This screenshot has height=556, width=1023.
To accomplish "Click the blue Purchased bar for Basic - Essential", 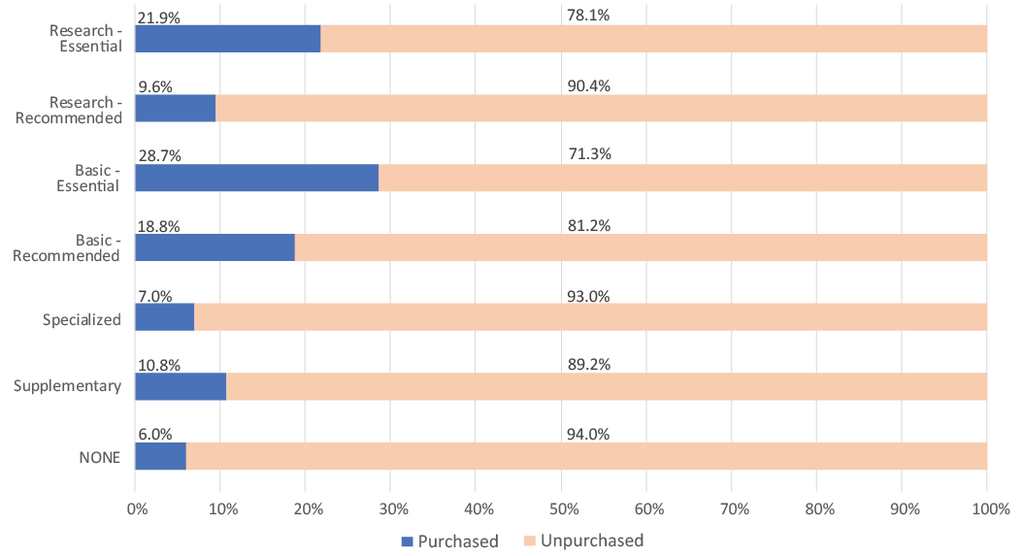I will click(x=256, y=179).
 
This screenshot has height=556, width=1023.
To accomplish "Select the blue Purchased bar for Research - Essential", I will click(x=227, y=38).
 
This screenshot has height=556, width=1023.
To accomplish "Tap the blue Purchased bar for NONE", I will click(x=160, y=457).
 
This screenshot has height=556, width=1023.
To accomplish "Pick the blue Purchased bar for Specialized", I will click(x=164, y=317).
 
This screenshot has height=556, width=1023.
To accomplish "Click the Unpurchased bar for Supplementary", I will click(x=607, y=387).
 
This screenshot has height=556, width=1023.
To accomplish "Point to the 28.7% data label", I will click(x=160, y=156).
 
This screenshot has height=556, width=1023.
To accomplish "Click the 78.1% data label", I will click(x=588, y=16).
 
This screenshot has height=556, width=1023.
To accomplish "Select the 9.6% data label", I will click(x=155, y=86).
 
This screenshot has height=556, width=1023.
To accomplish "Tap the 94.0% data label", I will click(x=588, y=435).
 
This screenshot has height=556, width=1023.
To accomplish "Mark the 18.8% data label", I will click(x=160, y=226).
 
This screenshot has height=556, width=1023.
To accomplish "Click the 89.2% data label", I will click(x=588, y=365).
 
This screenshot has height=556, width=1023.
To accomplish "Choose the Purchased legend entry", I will click(x=448, y=540).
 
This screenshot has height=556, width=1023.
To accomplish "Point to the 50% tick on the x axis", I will click(x=562, y=508).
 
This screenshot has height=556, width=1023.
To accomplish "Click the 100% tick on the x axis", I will click(x=987, y=508).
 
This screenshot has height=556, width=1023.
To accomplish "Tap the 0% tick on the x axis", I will click(x=137, y=508).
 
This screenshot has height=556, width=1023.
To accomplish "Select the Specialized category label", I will click(x=82, y=319).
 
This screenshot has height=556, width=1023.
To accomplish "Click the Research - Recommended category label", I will click(x=74, y=110).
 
